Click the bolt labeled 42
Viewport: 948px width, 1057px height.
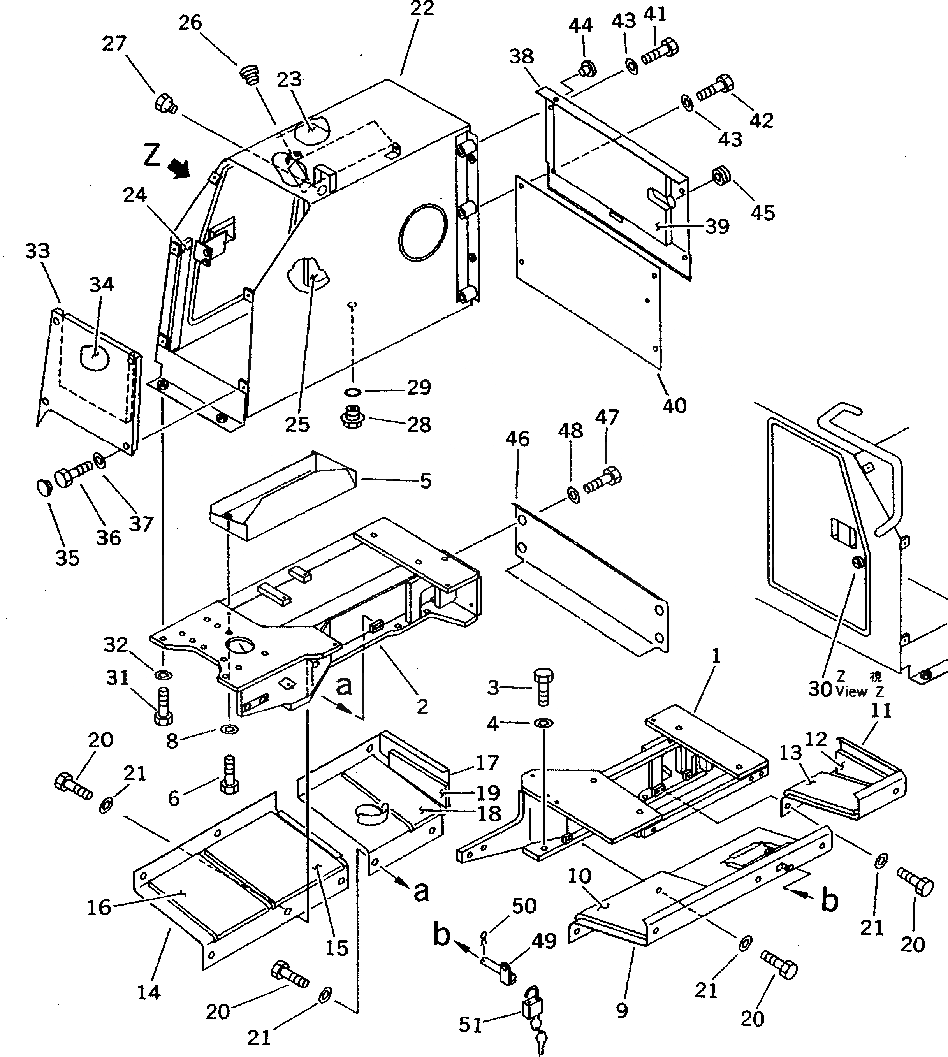coord(715,87)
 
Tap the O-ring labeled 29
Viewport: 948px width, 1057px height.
coord(353,391)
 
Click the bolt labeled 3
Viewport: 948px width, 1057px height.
coord(543,687)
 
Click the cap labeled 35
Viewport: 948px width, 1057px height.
coord(43,489)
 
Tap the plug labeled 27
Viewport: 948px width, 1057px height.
coord(165,103)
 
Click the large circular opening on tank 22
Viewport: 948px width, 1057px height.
coord(422,230)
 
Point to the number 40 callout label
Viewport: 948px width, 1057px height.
coord(674,405)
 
